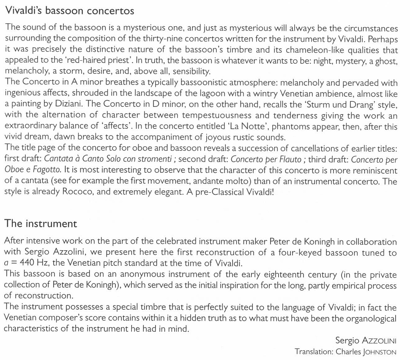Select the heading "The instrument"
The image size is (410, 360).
41,224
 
